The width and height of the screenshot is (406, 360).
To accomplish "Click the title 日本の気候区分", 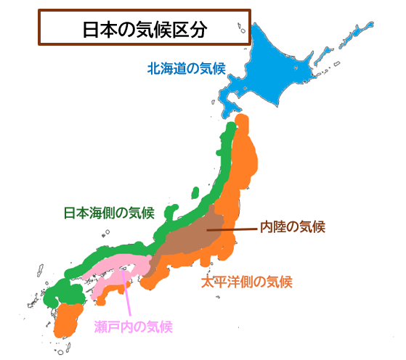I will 144,30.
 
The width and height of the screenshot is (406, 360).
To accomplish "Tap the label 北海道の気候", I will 186,69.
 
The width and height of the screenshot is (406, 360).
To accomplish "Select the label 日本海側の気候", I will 109,213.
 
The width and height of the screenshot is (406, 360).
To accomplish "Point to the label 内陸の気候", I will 292,226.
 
